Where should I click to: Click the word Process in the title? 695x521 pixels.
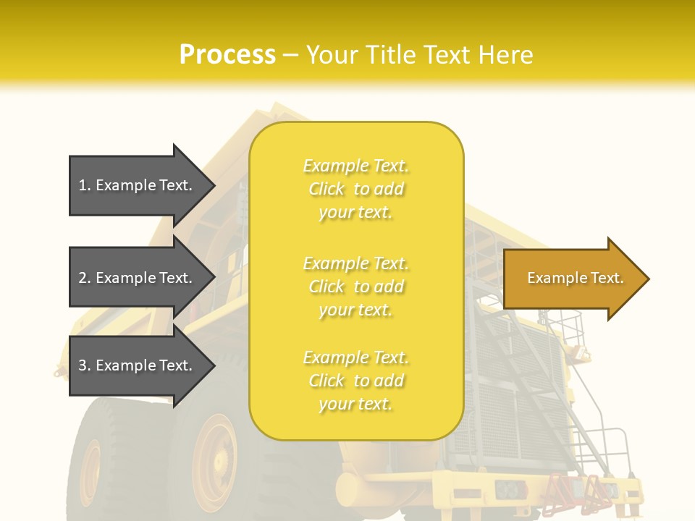tap(227, 55)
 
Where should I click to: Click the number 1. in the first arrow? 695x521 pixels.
tap(85, 185)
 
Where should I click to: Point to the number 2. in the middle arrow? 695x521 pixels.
tap(85, 278)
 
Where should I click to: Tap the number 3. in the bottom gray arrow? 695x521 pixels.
tap(85, 365)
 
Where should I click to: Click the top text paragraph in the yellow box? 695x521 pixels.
tap(356, 189)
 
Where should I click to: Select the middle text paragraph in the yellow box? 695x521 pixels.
tap(356, 287)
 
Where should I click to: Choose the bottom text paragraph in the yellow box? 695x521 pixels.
tap(356, 381)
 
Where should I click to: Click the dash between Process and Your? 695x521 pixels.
tap(290, 55)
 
